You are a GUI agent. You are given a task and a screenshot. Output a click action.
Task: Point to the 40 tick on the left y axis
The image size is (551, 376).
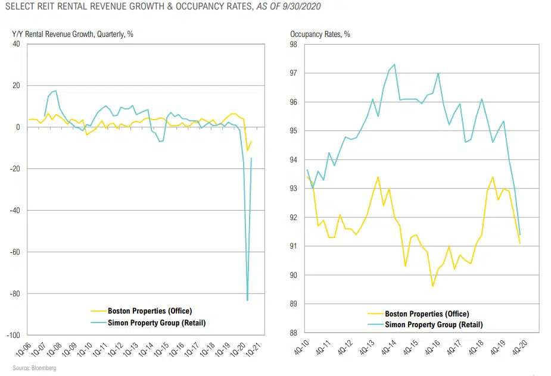click(x=16, y=44)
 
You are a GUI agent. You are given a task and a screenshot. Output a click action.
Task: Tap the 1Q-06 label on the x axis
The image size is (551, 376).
click(x=18, y=349)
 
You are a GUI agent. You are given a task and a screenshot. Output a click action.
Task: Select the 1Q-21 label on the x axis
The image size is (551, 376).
click(x=254, y=349)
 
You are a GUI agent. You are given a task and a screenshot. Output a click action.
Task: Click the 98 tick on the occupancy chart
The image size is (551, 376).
click(x=293, y=45)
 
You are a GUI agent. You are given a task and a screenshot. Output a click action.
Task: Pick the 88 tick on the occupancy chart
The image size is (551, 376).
click(x=293, y=333)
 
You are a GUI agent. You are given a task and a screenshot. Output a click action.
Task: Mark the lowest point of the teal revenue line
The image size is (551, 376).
click(x=247, y=300)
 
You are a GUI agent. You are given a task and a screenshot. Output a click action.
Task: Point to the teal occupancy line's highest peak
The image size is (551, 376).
click(x=395, y=64)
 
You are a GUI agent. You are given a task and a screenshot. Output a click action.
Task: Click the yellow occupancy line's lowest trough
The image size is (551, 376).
click(x=432, y=286)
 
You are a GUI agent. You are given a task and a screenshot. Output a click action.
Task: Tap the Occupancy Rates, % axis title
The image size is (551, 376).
click(x=320, y=35)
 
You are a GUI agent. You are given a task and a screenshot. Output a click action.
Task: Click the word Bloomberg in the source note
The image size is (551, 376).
click(x=43, y=369)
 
